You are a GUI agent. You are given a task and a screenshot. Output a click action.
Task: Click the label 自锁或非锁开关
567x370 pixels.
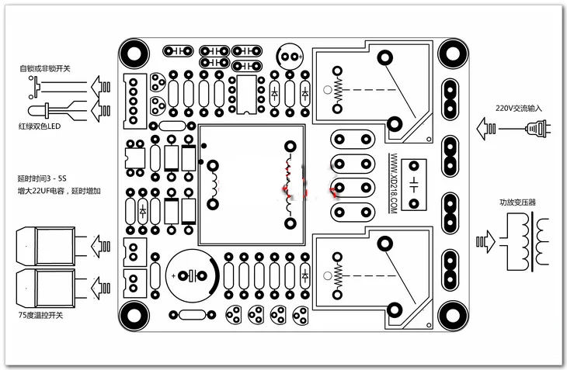(45, 68)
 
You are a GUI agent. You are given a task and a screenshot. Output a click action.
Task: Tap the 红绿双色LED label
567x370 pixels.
(40, 126)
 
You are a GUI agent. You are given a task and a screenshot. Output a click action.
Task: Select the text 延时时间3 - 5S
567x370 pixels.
(42, 178)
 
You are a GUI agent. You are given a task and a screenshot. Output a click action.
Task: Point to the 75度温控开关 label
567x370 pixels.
(40, 315)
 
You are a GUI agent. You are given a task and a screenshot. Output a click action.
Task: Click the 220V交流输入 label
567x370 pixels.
(519, 108)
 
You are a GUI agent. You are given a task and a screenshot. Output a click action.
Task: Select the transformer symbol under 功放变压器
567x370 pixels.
(524, 241)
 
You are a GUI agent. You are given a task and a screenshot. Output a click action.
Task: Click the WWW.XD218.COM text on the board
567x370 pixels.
(394, 183)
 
